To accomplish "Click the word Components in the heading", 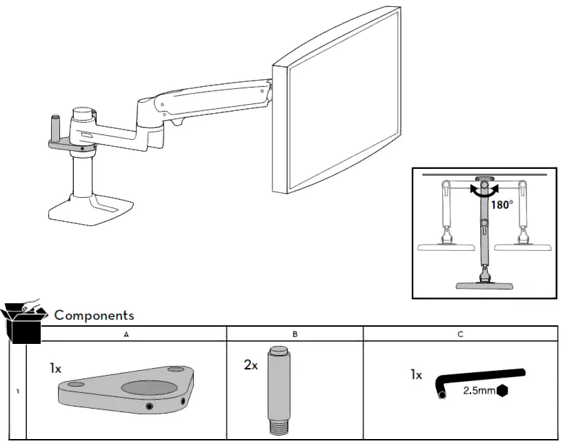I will (x=94, y=315).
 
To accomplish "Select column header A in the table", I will (x=126, y=334).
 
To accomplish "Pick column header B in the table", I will (x=295, y=334).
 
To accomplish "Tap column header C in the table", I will (x=459, y=334).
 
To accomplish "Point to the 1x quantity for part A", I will (x=55, y=369).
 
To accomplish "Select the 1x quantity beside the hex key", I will (x=416, y=376).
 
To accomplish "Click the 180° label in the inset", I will (x=503, y=205).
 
